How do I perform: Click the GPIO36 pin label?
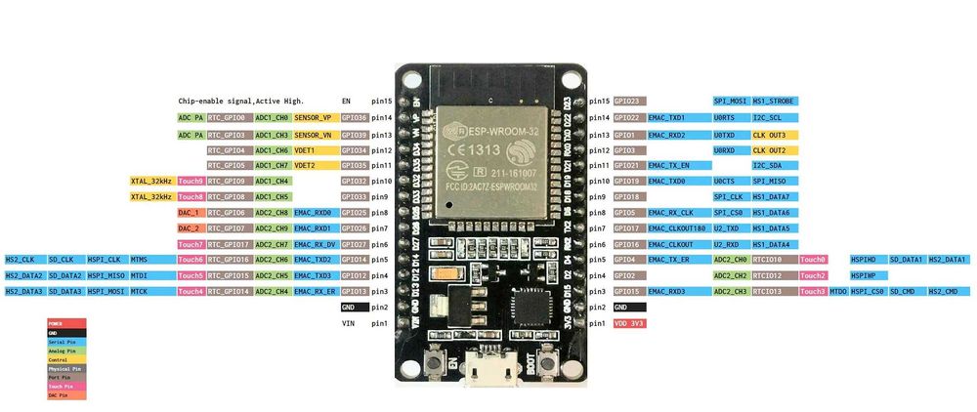354,117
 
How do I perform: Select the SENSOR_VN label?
313,134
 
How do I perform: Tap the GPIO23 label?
627,101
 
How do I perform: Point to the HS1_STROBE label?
775,101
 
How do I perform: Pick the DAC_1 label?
190,212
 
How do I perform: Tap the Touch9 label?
191,181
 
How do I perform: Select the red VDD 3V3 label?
628,322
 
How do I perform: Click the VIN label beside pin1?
347,322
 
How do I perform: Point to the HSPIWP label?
863,275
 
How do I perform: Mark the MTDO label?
838,291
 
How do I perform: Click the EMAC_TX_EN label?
669,165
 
